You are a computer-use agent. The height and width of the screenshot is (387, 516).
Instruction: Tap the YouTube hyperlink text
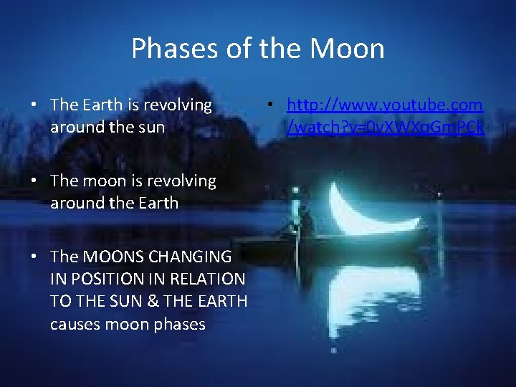(385, 116)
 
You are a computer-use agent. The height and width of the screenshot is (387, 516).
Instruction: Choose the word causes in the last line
(75, 324)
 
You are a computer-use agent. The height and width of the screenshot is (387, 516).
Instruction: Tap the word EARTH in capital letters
(219, 301)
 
